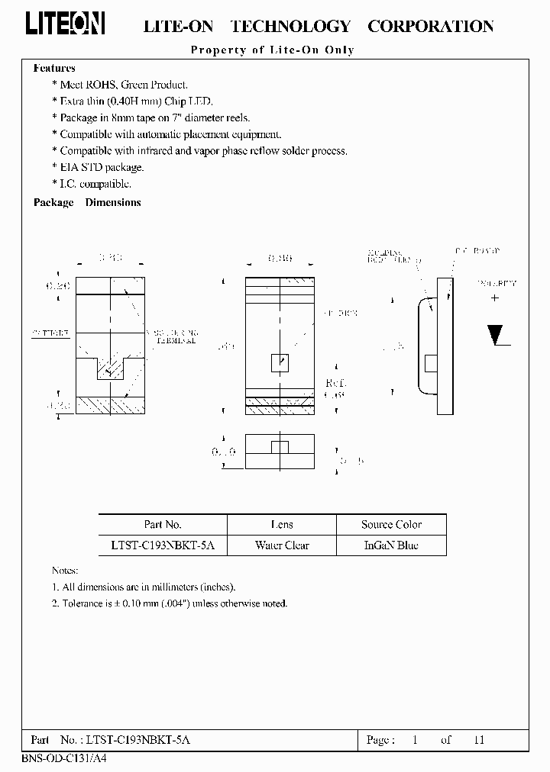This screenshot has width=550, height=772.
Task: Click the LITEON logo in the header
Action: point(66,24)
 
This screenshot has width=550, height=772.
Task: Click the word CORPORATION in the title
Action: point(431,26)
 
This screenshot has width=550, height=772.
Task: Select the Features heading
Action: point(54,68)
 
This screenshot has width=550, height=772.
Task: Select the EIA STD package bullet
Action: point(102,167)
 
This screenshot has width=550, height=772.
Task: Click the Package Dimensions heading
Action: point(87,203)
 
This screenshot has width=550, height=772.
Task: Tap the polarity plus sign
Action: point(495,298)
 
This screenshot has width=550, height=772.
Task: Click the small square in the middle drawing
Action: point(280,362)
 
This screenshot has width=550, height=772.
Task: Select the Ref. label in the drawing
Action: point(335,383)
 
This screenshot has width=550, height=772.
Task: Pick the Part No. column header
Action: point(163,525)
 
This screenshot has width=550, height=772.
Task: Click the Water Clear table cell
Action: point(282,545)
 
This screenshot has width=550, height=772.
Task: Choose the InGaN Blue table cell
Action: point(391,545)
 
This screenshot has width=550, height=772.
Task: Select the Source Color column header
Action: point(391,525)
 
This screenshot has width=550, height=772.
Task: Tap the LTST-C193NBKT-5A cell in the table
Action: point(163,545)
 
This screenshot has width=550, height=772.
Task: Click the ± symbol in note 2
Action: point(117,603)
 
